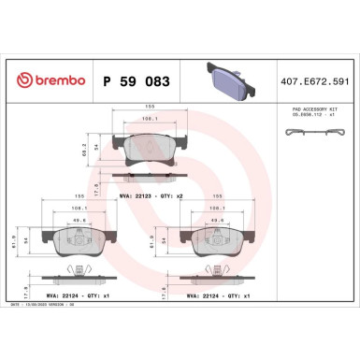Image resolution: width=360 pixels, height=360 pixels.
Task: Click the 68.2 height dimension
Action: pyautogui.click(x=83, y=147)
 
